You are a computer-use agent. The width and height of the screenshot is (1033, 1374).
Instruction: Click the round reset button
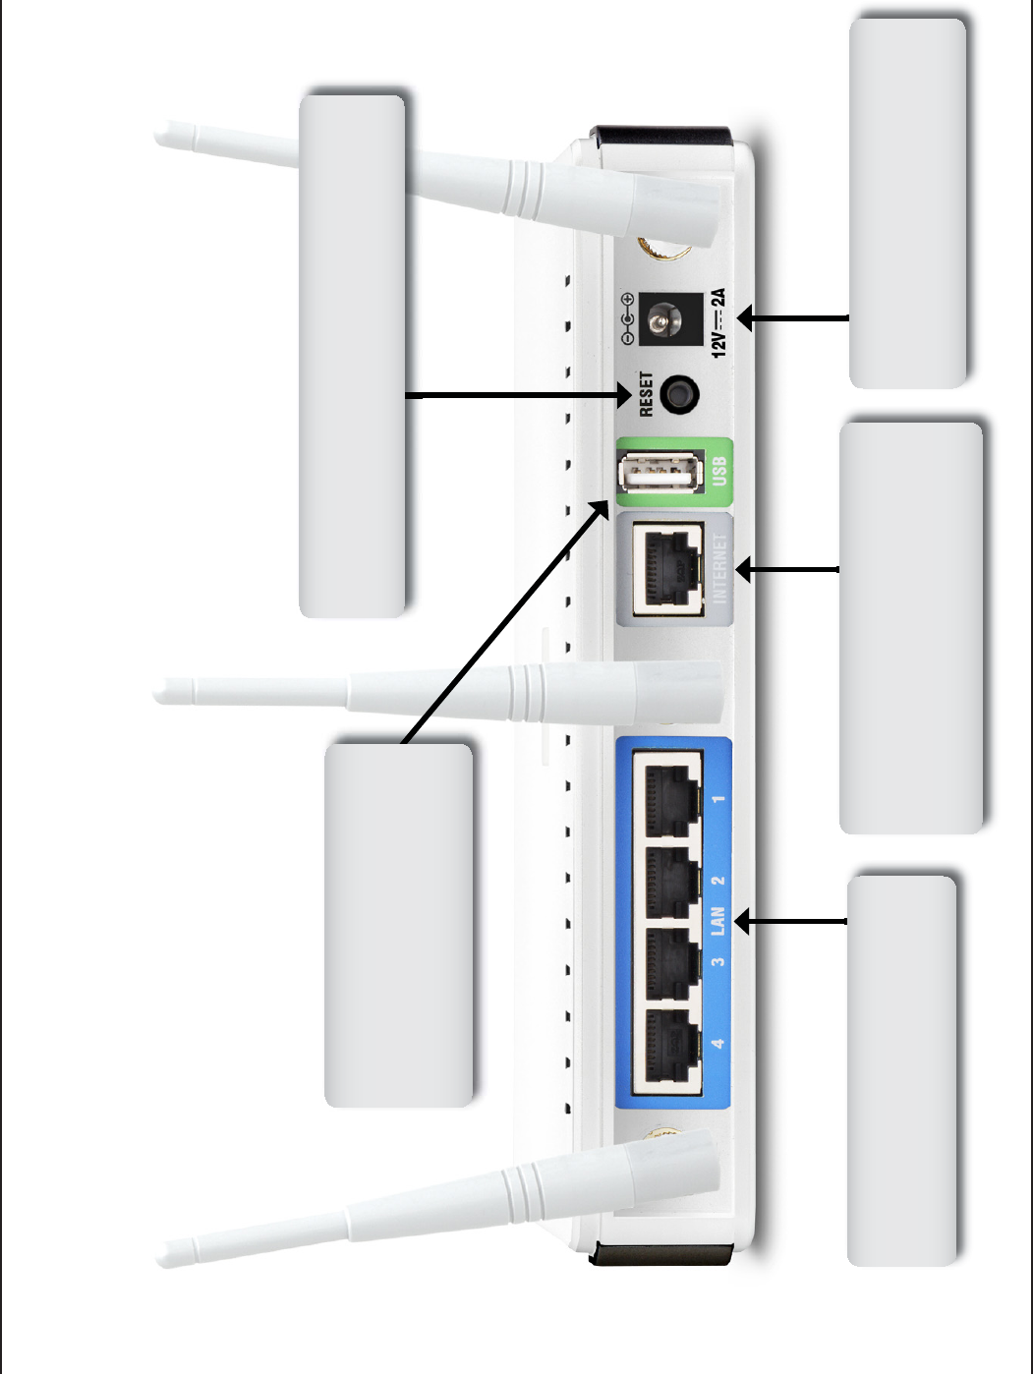pyautogui.click(x=678, y=394)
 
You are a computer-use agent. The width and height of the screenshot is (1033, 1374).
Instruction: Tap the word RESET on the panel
pyautogui.click(x=646, y=393)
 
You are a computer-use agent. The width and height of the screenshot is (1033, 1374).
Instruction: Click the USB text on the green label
pyautogui.click(x=718, y=471)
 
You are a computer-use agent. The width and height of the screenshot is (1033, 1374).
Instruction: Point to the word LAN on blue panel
pyautogui.click(x=718, y=921)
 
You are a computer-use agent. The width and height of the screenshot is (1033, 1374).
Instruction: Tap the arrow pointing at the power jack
pyautogui.click(x=791, y=317)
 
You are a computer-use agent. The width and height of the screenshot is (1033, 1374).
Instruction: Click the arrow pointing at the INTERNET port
pyautogui.click(x=786, y=569)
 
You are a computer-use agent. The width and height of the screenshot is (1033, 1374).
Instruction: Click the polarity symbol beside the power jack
pyautogui.click(x=627, y=318)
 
